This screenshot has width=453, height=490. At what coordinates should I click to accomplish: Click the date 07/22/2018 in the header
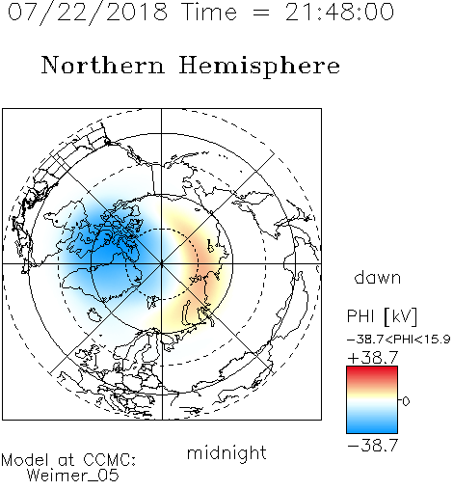pyautogui.click(x=88, y=13)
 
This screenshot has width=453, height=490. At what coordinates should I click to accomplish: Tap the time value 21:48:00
pyautogui.click(x=339, y=13)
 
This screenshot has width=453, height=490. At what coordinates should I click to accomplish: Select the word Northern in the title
pyautogui.click(x=103, y=65)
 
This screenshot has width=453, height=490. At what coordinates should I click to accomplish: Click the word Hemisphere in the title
pyautogui.click(x=259, y=66)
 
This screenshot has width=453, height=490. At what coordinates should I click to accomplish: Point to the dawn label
pyautogui.click(x=378, y=278)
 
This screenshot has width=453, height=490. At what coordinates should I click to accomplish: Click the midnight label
pyautogui.click(x=226, y=452)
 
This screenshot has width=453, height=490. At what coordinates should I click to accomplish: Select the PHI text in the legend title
pyautogui.click(x=360, y=316)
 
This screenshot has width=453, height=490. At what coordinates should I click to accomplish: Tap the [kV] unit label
pyautogui.click(x=400, y=316)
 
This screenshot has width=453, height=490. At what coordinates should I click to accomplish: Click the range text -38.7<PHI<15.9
pyautogui.click(x=399, y=340)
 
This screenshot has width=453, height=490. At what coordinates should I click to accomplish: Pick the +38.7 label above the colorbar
pyautogui.click(x=373, y=358)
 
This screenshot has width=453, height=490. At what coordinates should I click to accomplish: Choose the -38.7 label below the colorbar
pyautogui.click(x=373, y=446)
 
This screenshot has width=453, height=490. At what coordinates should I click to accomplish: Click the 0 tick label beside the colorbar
pyautogui.click(x=406, y=401)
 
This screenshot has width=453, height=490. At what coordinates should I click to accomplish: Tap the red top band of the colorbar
pyautogui.click(x=372, y=373)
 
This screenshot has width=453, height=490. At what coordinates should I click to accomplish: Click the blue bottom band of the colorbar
pyautogui.click(x=372, y=426)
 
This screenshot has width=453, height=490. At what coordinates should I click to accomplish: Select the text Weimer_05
pyautogui.click(x=73, y=476)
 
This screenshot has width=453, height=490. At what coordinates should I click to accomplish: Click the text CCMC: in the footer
pyautogui.click(x=110, y=460)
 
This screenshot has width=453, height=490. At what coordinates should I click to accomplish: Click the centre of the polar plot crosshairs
pyautogui.click(x=161, y=263)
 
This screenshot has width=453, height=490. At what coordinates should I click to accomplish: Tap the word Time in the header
pyautogui.click(x=209, y=13)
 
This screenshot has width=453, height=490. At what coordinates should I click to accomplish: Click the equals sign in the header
pyautogui.click(x=261, y=13)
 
